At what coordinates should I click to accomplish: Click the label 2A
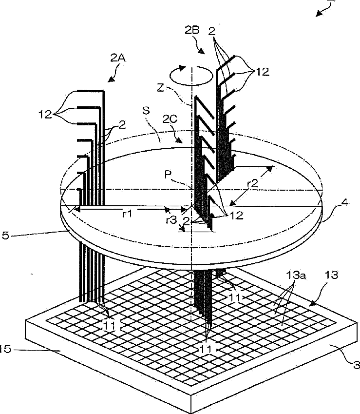117,58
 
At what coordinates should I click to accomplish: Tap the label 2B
192,31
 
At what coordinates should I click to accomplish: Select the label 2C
170,119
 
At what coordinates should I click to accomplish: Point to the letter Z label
160,88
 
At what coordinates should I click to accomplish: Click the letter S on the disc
146,111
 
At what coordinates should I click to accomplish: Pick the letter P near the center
168,175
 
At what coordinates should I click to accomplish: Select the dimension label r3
171,219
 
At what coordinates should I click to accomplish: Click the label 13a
296,276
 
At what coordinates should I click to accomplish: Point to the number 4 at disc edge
345,202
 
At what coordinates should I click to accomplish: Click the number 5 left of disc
5,236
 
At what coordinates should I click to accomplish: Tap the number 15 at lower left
5,349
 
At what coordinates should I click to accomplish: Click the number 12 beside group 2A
45,115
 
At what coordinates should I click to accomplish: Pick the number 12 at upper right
263,72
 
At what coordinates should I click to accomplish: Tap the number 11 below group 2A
109,326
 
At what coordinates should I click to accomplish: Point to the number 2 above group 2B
212,32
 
